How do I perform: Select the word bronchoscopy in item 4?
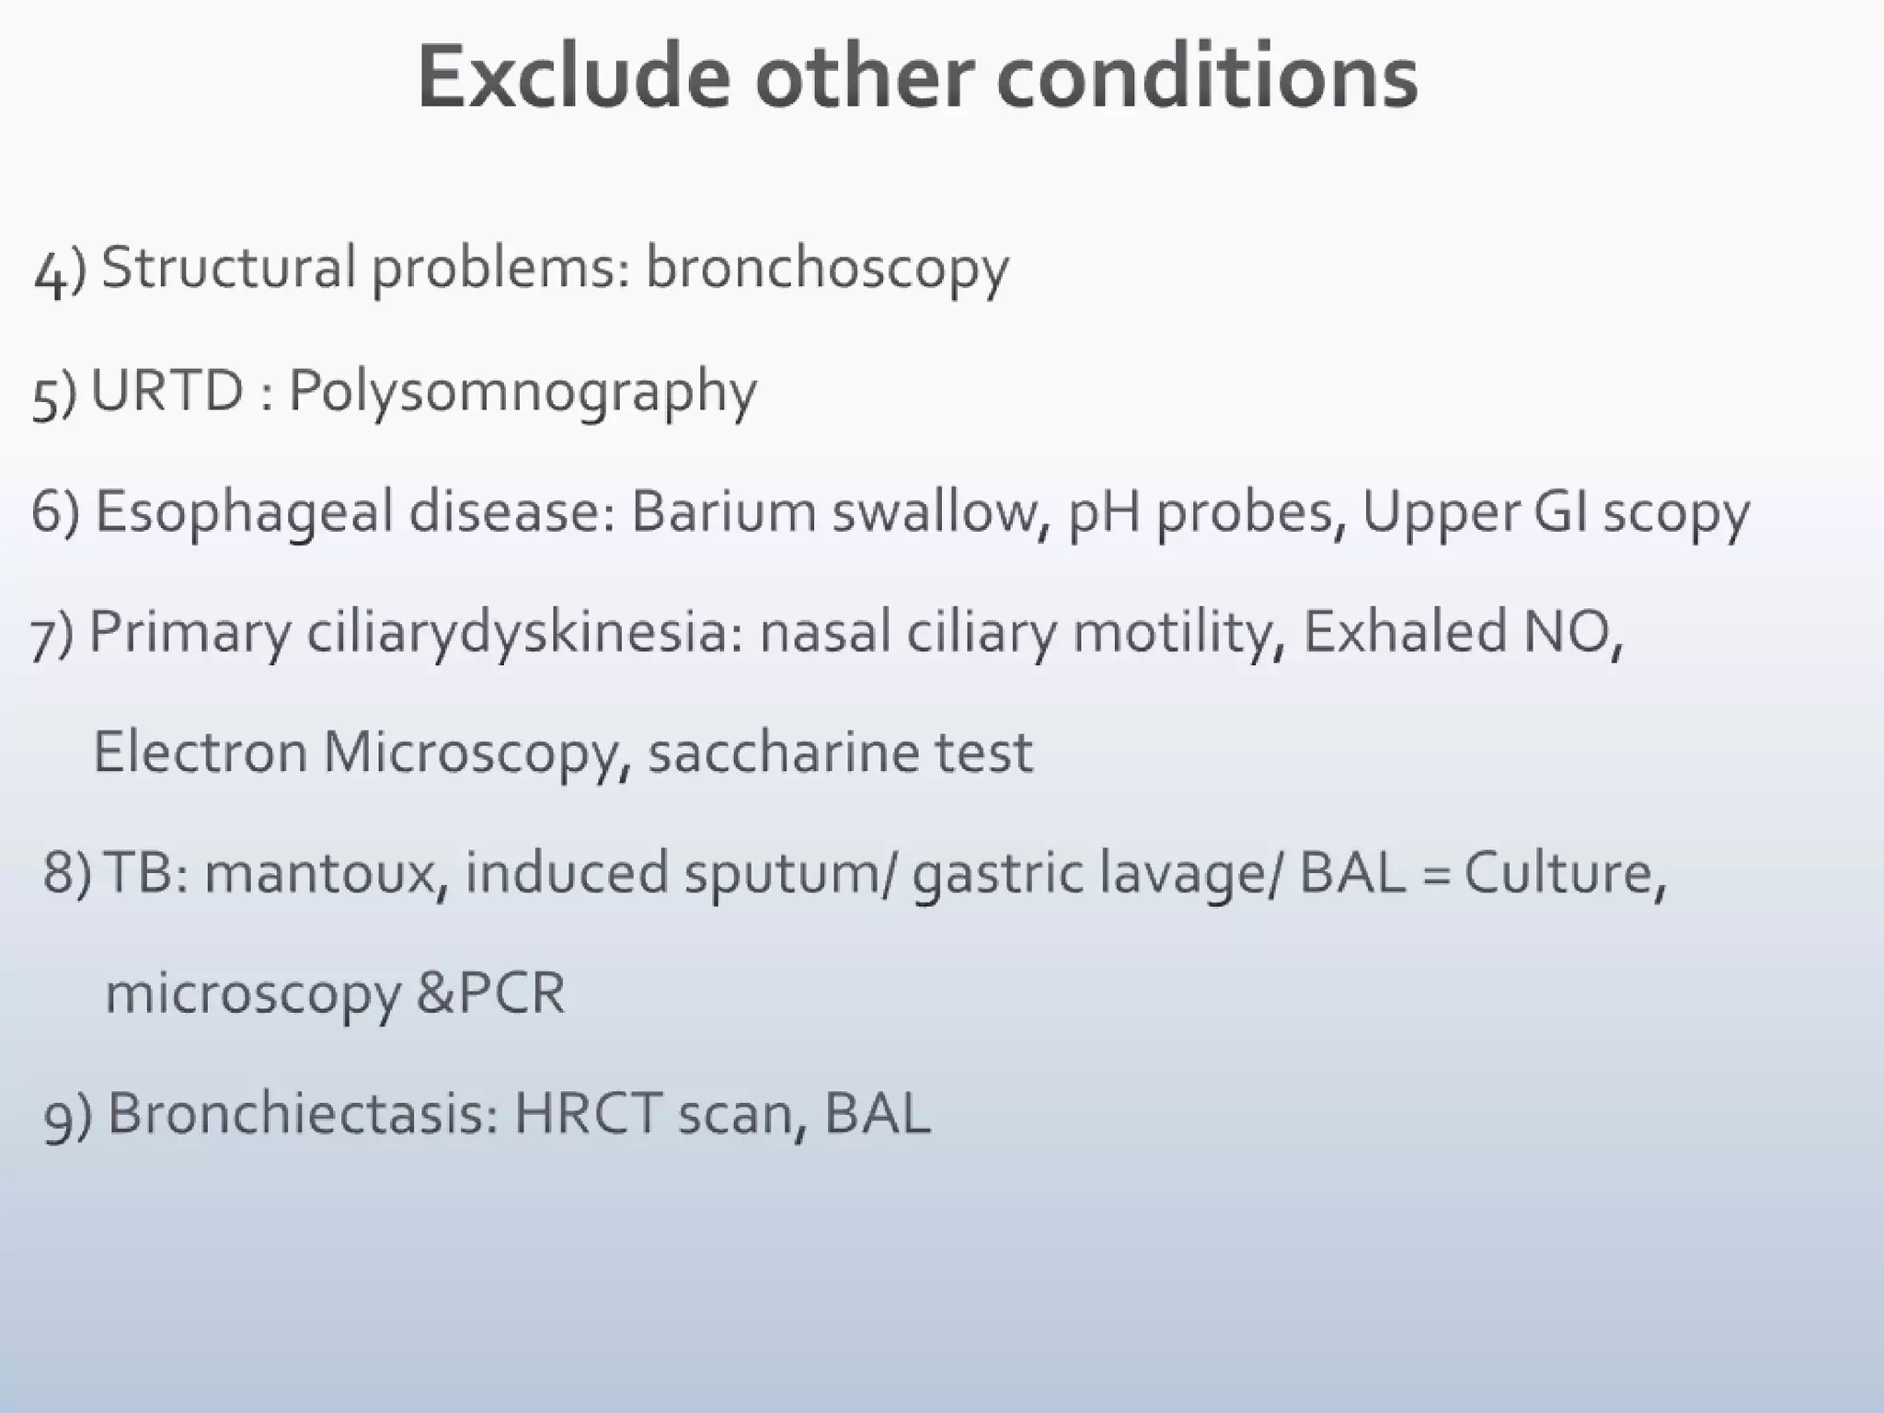coord(827,270)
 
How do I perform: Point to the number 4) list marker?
coord(59,271)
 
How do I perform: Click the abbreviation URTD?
coord(167,391)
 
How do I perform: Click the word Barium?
coord(723,511)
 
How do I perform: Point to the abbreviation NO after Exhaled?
coord(1567,632)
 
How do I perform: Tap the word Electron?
coord(200,752)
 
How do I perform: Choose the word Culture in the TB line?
coord(1563,873)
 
